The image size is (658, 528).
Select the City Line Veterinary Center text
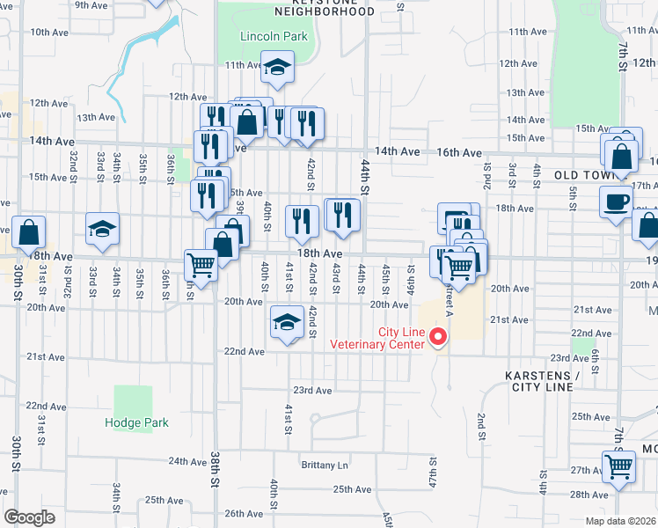tap(377, 338)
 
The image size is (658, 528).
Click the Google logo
tap(29, 517)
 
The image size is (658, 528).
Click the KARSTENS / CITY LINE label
tap(542, 381)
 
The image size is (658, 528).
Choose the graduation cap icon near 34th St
tap(102, 229)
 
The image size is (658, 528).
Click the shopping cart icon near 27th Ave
tap(618, 466)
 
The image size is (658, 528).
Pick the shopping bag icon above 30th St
tap(29, 232)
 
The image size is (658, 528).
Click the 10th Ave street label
tap(49, 32)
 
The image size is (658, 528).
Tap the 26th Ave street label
tap(244, 514)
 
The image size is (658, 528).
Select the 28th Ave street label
tap(589, 495)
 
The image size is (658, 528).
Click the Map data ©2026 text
tap(616, 521)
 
